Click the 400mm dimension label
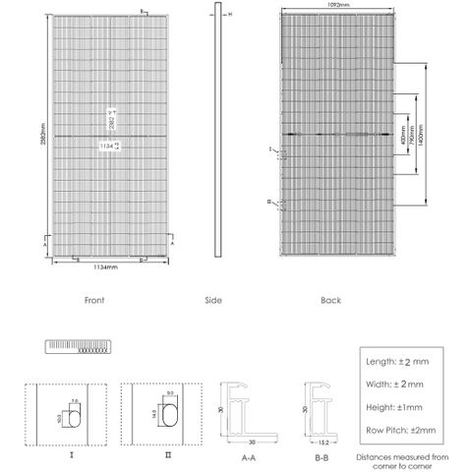point(405,132)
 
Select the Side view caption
point(213,300)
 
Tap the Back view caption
point(330,300)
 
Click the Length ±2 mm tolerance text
point(400,361)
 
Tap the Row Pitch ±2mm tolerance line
point(400,429)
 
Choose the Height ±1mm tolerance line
point(400,406)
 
